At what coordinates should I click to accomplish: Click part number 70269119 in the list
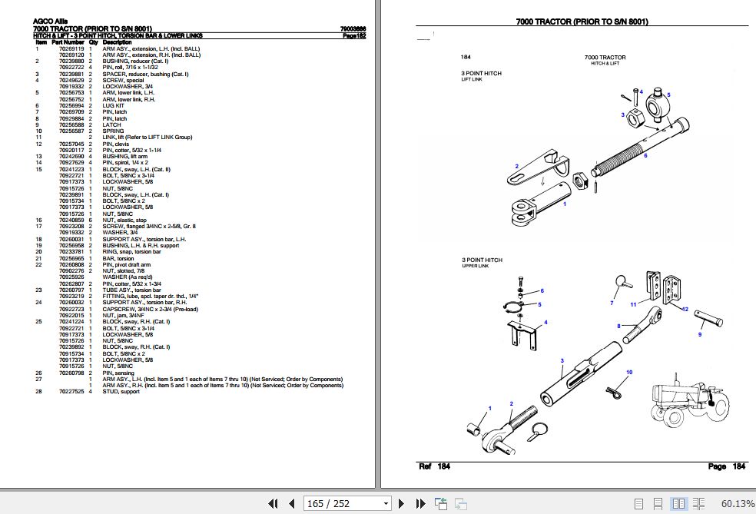click(x=72, y=48)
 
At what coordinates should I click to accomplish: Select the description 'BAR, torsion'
click(x=119, y=259)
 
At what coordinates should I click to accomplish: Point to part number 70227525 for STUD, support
click(x=72, y=392)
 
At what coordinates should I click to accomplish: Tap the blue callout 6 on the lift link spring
click(x=645, y=155)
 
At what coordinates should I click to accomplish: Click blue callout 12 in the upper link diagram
click(x=685, y=309)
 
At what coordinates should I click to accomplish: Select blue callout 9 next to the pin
click(x=700, y=334)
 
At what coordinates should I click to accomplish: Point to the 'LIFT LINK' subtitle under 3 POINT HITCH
click(x=472, y=79)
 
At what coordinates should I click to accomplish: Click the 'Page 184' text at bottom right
click(x=727, y=466)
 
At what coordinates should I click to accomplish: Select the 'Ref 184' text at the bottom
click(x=435, y=466)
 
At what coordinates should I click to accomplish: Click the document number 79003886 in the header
click(x=353, y=29)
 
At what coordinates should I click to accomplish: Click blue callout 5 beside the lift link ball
click(x=668, y=95)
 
